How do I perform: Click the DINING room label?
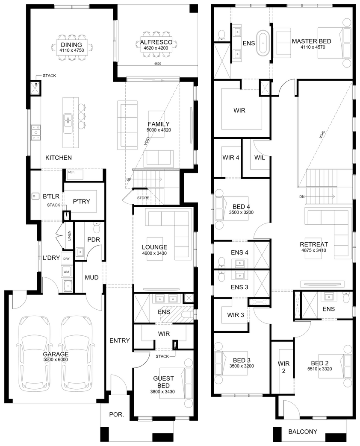click(71, 45)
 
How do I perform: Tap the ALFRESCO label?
click(156, 42)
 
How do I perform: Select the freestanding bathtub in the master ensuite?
click(263, 43)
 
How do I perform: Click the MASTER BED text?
click(312, 41)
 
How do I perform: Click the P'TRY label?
click(81, 201)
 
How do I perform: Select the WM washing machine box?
click(66, 272)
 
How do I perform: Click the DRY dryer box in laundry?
click(66, 258)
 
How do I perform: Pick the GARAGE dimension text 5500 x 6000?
click(56, 360)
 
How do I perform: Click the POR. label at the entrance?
click(117, 414)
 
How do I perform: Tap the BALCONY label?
click(303, 431)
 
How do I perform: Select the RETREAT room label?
click(314, 244)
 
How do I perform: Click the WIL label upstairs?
click(260, 157)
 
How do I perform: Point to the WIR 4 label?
click(231, 157)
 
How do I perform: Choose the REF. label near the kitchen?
click(71, 172)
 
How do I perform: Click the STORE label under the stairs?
click(143, 198)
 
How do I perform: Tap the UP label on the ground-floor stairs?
click(129, 179)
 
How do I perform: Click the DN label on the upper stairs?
click(302, 197)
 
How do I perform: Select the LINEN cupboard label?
click(69, 235)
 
